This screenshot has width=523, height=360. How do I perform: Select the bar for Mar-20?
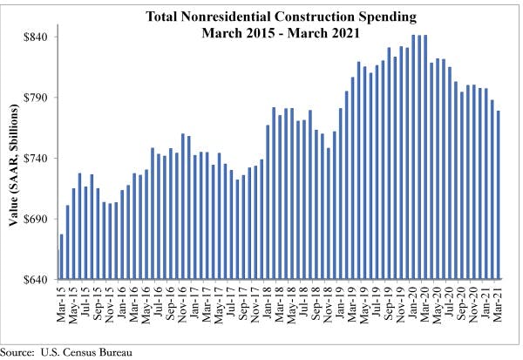pos(425,157)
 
